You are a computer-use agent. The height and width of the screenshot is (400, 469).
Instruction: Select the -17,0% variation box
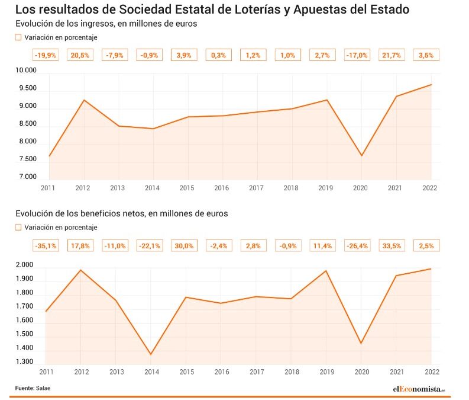click(x=357, y=55)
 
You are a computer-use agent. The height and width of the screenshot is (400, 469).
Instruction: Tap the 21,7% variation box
click(x=392, y=55)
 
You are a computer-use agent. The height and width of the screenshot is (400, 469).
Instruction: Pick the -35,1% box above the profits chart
click(x=46, y=246)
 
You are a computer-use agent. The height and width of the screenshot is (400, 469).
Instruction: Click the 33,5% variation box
click(x=392, y=246)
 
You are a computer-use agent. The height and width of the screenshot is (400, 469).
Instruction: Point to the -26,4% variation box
click(x=357, y=246)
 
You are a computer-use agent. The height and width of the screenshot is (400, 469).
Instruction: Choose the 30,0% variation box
click(x=184, y=246)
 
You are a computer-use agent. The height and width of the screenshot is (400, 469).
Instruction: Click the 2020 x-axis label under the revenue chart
click(x=360, y=188)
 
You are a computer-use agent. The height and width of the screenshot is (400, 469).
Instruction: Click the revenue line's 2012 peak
click(x=83, y=100)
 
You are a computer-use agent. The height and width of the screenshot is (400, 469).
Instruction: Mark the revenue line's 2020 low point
click(x=361, y=156)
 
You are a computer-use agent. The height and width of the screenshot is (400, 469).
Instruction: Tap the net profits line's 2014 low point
click(x=150, y=354)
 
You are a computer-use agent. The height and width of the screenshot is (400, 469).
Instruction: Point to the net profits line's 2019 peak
click(x=326, y=271)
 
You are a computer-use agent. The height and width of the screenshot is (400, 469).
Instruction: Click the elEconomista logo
click(x=418, y=389)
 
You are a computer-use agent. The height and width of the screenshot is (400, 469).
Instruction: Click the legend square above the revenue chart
click(x=18, y=37)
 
